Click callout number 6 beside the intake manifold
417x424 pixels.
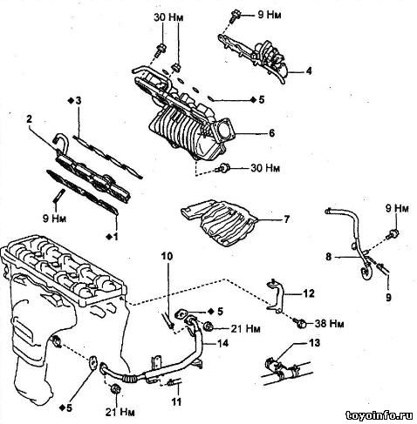(x=271, y=133)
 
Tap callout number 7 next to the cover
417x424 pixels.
(x=286, y=219)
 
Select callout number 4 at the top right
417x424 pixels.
(x=308, y=71)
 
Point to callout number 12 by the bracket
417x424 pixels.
(x=309, y=293)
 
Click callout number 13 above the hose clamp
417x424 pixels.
(x=314, y=343)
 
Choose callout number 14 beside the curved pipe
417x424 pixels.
(x=222, y=343)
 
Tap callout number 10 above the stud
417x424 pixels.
(x=167, y=256)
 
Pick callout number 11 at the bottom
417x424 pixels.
(x=176, y=401)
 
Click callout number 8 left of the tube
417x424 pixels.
(x=329, y=257)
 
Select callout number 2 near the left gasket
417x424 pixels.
(x=29, y=119)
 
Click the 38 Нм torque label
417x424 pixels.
(x=330, y=323)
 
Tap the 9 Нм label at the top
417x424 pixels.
(x=270, y=15)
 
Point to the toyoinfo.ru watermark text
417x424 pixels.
(x=379, y=415)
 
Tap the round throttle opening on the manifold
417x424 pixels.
(x=225, y=131)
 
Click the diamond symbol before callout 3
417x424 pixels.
(x=71, y=101)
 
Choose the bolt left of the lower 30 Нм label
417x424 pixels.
(x=223, y=167)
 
